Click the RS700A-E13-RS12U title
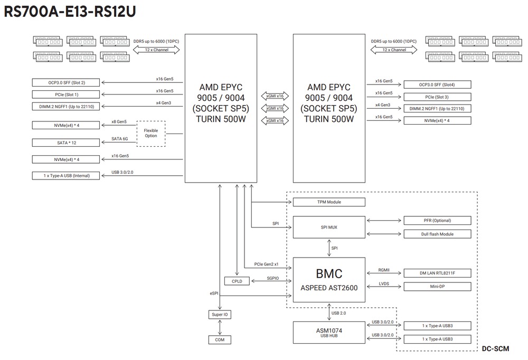click(x=69, y=12)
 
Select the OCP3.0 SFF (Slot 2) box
click(x=66, y=82)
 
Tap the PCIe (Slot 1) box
click(x=66, y=94)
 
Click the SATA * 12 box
click(x=66, y=143)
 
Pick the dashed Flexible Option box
click(x=150, y=132)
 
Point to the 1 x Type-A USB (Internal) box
click(x=66, y=175)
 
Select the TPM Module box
click(x=328, y=202)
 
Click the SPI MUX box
click(x=328, y=227)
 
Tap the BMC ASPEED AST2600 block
click(x=328, y=280)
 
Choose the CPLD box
click(x=237, y=281)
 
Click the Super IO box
click(x=220, y=315)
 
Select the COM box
click(x=220, y=340)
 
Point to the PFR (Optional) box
click(x=437, y=220)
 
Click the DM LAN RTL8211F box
click(x=437, y=273)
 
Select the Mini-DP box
click(x=437, y=287)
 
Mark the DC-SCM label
click(x=495, y=348)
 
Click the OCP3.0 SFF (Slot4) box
click(x=437, y=84)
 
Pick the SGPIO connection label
click(x=272, y=278)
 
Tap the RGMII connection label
click(x=383, y=270)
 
